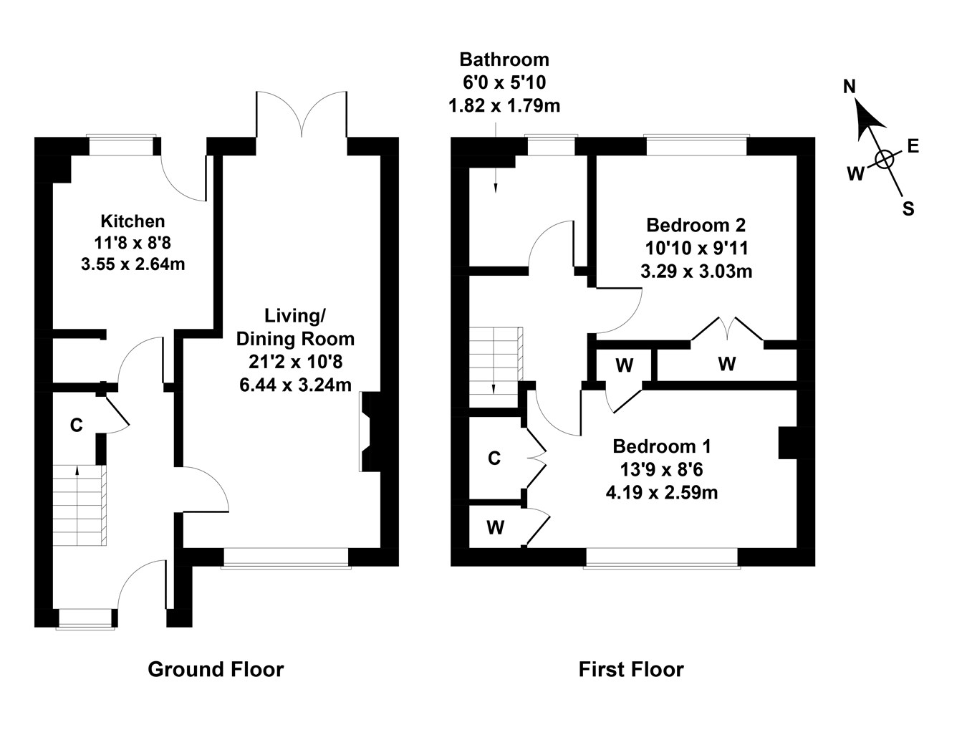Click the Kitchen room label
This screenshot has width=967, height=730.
(x=133, y=221)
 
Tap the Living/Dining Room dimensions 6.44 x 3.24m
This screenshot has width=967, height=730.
(x=295, y=385)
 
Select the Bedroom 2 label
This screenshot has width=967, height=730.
(x=696, y=226)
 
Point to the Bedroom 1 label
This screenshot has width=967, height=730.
(x=661, y=447)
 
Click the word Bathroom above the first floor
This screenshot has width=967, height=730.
(x=504, y=59)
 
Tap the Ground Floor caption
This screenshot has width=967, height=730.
(x=216, y=670)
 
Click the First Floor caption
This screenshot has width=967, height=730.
(x=631, y=670)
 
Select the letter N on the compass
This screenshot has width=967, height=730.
(x=850, y=87)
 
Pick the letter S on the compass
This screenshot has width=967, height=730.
(x=908, y=209)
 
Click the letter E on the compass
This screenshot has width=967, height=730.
(x=913, y=147)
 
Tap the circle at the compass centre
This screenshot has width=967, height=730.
(x=885, y=159)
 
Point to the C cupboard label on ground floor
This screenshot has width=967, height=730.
(x=76, y=426)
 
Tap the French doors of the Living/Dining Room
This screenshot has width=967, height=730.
(x=302, y=115)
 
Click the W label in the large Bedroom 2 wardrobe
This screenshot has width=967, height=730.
(x=727, y=365)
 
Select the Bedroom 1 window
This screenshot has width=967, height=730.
(x=661, y=558)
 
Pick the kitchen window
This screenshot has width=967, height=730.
(x=121, y=145)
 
